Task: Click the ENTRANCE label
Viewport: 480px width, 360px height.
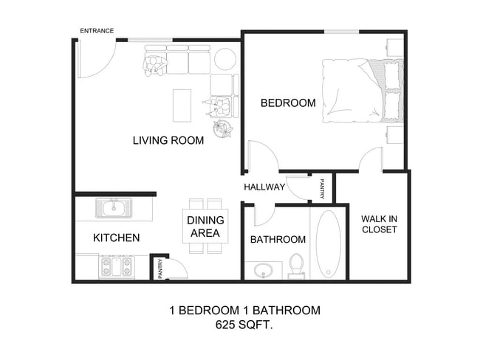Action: tap(97, 30)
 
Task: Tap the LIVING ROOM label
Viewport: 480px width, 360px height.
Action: tap(168, 140)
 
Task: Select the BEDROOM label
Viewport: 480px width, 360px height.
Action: tap(288, 103)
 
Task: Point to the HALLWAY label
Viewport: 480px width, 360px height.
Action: tap(264, 187)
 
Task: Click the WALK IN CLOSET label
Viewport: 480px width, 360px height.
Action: tap(380, 224)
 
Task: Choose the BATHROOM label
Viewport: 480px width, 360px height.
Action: tap(278, 240)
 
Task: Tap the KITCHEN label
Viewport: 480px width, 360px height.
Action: tap(116, 238)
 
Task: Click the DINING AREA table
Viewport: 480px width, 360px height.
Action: tap(205, 226)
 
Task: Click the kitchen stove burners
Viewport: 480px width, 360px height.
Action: tap(116, 266)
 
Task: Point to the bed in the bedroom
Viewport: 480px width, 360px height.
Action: tap(362, 91)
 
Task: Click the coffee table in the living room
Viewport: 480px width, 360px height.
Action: tap(182, 105)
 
